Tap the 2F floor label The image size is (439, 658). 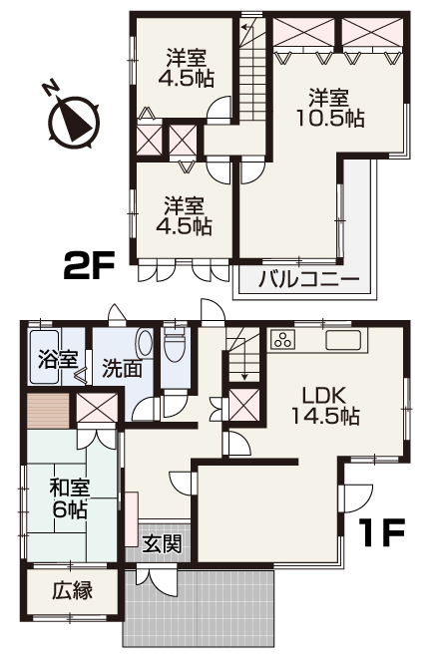pyautogui.click(x=89, y=266)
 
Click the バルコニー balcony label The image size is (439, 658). pyautogui.click(x=308, y=279)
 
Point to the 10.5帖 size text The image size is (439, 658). pyautogui.click(x=330, y=119)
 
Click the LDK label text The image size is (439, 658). pyautogui.click(x=325, y=396)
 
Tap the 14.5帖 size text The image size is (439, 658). pyautogui.click(x=325, y=416)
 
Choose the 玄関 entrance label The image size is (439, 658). pyautogui.click(x=162, y=544)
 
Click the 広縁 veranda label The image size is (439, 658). pyautogui.click(x=72, y=591)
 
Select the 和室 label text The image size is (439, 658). pyautogui.click(x=70, y=489)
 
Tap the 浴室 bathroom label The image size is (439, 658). pyautogui.click(x=58, y=360)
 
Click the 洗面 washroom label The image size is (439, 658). pyautogui.click(x=122, y=369)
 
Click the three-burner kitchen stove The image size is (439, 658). pyautogui.click(x=283, y=339)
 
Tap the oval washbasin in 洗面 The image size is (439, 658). pyautogui.click(x=145, y=344)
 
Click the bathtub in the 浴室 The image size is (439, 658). pyautogui.click(x=45, y=357)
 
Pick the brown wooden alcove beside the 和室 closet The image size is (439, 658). pyautogui.click(x=48, y=411)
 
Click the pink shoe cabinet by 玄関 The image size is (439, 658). pyautogui.click(x=132, y=519)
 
